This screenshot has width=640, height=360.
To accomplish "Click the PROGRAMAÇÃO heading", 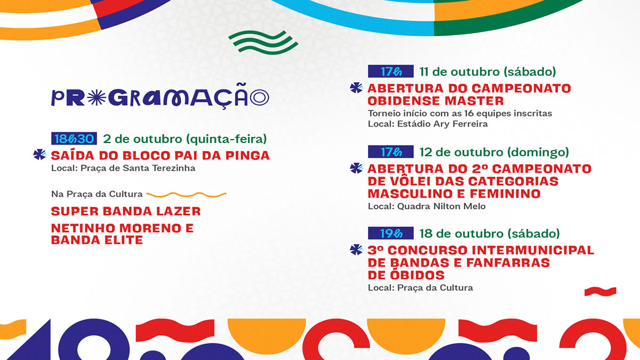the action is coord(160,97).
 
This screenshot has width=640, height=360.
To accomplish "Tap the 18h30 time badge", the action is coord(74,139).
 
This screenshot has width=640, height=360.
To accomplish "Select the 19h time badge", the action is coord(390,233).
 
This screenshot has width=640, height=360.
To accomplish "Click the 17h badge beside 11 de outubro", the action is coord(390,71).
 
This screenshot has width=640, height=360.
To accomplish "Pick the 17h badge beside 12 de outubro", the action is coord(390,151).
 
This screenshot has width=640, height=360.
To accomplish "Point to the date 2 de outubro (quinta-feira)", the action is coord(185,139).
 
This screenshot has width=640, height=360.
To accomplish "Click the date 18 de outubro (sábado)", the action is coord(490,234).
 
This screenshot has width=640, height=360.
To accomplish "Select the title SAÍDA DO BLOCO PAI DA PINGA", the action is coord(161,155).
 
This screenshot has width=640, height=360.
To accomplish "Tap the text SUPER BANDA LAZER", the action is coord(126,211).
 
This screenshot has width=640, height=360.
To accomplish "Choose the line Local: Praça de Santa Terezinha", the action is coord(123,168).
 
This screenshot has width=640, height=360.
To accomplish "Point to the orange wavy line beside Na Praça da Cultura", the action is coord(186,195).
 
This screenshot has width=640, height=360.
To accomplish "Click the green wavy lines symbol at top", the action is coord(263,42).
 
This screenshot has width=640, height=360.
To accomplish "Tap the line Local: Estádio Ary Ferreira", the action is coord(428,124).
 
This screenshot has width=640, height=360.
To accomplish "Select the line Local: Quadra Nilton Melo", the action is coord(427,206).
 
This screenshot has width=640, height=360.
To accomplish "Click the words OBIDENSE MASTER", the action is coord(436,101).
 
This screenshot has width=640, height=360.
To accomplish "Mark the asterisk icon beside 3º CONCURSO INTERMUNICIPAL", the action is coord(356,250).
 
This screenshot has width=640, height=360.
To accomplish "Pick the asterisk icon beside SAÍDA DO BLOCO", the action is coord(39,155).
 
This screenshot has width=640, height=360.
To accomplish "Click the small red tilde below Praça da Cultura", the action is coord(601,291).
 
